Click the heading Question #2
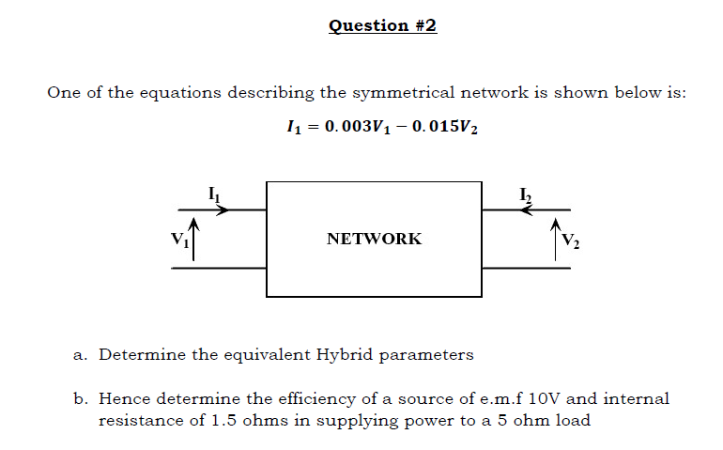click(383, 25)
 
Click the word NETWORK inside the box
click(374, 239)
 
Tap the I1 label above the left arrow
click(213, 194)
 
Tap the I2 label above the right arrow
click(526, 194)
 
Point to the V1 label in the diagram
click(179, 239)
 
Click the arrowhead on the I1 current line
click(222, 209)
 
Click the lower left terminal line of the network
click(219, 268)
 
